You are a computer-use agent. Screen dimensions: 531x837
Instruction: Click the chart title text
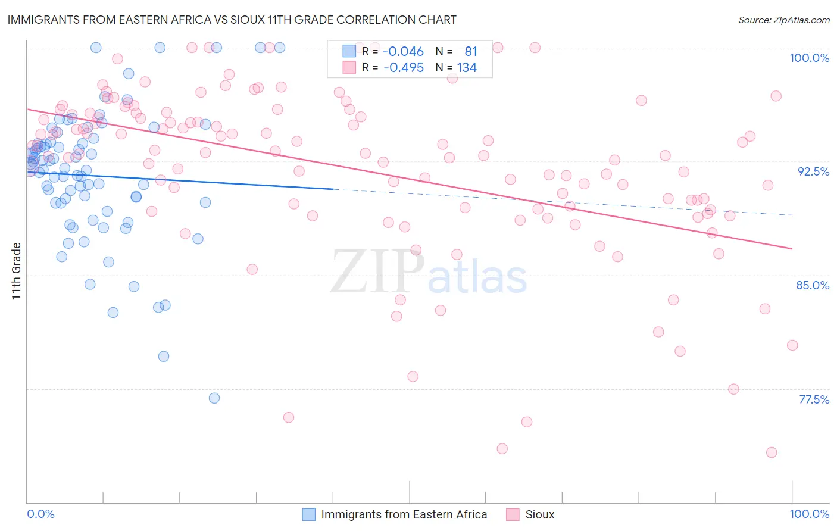coord(232,20)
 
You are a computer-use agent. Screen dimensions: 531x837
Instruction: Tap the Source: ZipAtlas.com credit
coord(783,20)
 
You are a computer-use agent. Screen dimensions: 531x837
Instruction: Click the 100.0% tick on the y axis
coord(809,58)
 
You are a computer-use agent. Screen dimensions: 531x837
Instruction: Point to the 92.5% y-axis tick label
coord(813,171)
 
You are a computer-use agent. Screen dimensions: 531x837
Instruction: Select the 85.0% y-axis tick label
coord(813,285)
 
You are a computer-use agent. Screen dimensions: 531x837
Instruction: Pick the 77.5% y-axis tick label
coord(814,399)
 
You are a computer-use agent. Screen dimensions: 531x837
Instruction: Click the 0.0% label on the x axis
coord(40,514)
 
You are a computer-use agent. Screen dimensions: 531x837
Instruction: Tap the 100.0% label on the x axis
coord(809,514)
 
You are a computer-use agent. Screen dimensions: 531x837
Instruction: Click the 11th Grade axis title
coord(17,271)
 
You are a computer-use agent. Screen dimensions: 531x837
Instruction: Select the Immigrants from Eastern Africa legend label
coord(404,514)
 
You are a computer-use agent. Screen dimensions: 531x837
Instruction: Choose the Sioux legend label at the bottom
coord(539,514)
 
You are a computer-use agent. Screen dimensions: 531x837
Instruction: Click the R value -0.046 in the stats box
coord(403,51)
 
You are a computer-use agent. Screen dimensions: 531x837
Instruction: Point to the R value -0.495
coord(403,68)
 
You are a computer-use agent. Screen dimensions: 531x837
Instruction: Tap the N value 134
coord(467,68)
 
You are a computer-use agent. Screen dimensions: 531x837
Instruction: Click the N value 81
coord(470,51)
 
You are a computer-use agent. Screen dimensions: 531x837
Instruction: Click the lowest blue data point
coord(214,398)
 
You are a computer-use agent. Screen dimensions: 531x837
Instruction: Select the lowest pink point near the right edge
coord(772,452)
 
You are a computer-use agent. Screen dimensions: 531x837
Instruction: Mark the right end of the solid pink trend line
coord(792,248)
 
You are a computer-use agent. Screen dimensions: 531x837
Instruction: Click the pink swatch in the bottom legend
coord(513,514)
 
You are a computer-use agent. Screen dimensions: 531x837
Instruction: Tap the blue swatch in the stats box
coord(349,51)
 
